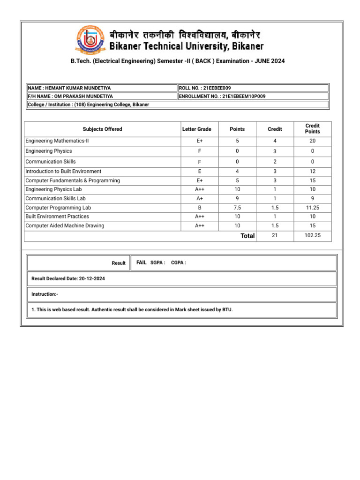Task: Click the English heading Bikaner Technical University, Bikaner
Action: pos(187,46)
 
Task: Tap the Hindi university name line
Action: pos(185,35)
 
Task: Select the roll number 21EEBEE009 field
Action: pos(205,88)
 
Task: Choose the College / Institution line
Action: pos(89,105)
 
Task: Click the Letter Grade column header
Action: pos(197,129)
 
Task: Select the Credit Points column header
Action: pos(312,129)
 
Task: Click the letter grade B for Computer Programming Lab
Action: pos(200,208)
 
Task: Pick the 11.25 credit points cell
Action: pos(312,208)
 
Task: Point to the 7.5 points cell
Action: pos(237,208)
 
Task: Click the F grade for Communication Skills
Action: pos(200,162)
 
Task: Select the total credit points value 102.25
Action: pos(312,236)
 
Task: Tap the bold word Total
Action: pos(247,236)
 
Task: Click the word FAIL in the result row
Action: pos(142,263)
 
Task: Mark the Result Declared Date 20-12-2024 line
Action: pos(68,278)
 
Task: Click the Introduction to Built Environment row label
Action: pos(63,172)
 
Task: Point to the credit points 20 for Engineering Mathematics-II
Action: pos(312,141)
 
